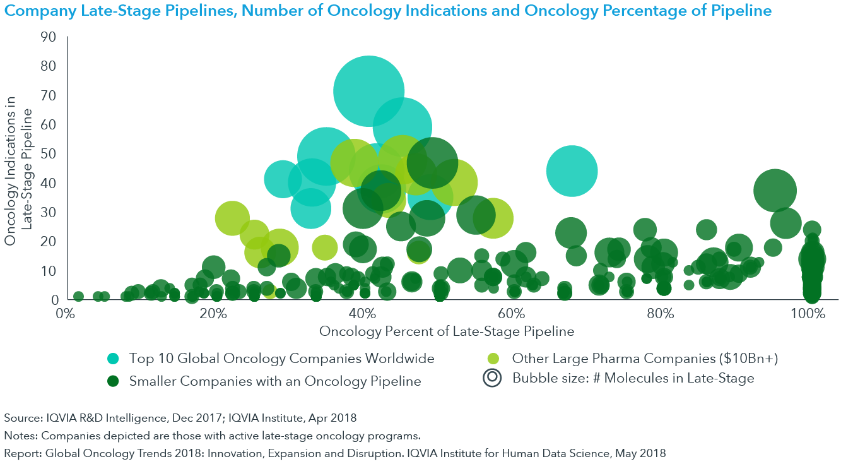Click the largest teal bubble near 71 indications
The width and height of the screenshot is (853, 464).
(x=368, y=91)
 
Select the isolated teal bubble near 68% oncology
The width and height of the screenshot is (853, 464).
(x=572, y=171)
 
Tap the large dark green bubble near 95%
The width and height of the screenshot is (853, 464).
(x=775, y=191)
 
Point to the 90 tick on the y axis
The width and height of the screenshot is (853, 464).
(x=49, y=37)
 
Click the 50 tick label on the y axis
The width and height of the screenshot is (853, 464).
(x=49, y=154)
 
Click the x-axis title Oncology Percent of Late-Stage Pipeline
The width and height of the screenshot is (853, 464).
(x=446, y=331)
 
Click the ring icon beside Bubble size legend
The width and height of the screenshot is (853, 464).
(x=493, y=378)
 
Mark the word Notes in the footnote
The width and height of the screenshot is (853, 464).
(x=17, y=436)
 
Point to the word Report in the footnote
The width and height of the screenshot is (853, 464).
(x=19, y=453)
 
